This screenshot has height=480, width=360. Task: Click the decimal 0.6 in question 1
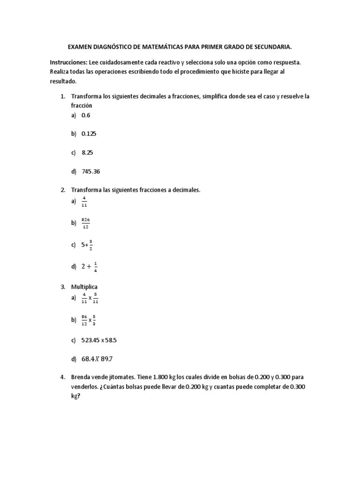tap(86, 114)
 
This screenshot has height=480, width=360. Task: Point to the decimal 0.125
tap(89, 134)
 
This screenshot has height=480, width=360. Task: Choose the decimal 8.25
tap(87, 153)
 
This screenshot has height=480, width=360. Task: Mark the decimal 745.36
tap(91, 172)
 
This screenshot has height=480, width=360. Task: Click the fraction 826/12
tap(85, 223)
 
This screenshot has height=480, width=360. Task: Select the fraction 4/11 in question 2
tap(84, 202)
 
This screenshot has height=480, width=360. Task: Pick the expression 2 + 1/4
tap(90, 266)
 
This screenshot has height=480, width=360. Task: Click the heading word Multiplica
tap(84, 286)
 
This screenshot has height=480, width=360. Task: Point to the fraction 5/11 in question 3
tap(96, 298)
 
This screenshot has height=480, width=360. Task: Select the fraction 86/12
tap(84, 320)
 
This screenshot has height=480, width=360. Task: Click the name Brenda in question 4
tap(80, 377)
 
